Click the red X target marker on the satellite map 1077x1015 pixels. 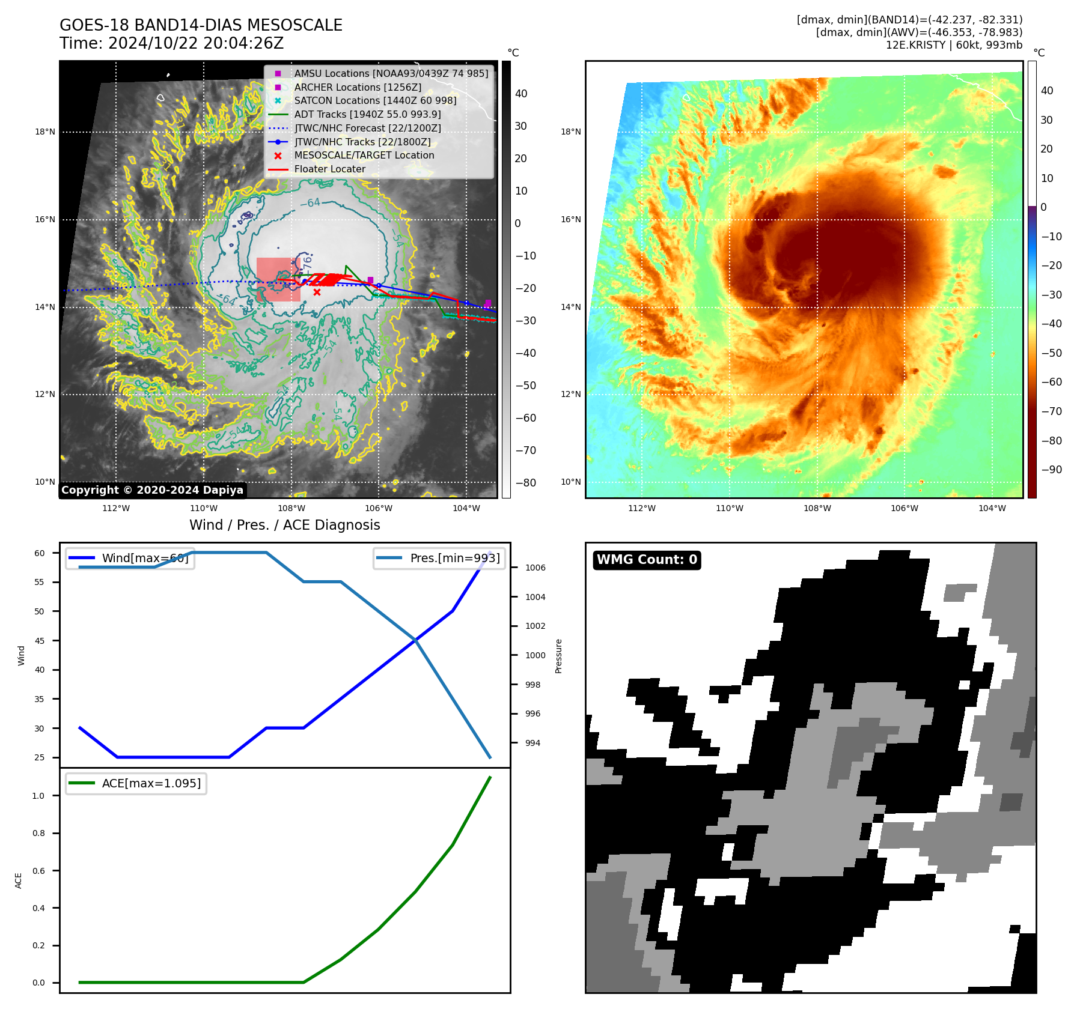click(317, 292)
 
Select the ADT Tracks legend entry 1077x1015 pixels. click(367, 114)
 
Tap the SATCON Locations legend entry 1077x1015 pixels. click(375, 100)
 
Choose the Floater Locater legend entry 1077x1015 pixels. click(329, 169)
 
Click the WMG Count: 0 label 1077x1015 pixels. click(647, 560)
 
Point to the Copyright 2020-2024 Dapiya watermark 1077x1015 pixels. click(152, 490)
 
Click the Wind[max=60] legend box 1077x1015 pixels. click(130, 558)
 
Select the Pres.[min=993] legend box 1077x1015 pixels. click(439, 558)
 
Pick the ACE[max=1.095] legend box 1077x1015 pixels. click(136, 783)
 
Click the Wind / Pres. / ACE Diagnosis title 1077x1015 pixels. click(284, 525)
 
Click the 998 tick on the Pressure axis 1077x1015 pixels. click(532, 685)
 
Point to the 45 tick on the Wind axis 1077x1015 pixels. click(40, 641)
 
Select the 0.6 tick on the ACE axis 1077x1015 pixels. click(38, 871)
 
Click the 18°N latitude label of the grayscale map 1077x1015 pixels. click(45, 132)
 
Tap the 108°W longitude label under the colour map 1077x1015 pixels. click(817, 508)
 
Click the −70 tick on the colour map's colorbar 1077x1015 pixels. click(1051, 411)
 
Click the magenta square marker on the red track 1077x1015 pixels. click(370, 280)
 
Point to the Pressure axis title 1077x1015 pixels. click(558, 656)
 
